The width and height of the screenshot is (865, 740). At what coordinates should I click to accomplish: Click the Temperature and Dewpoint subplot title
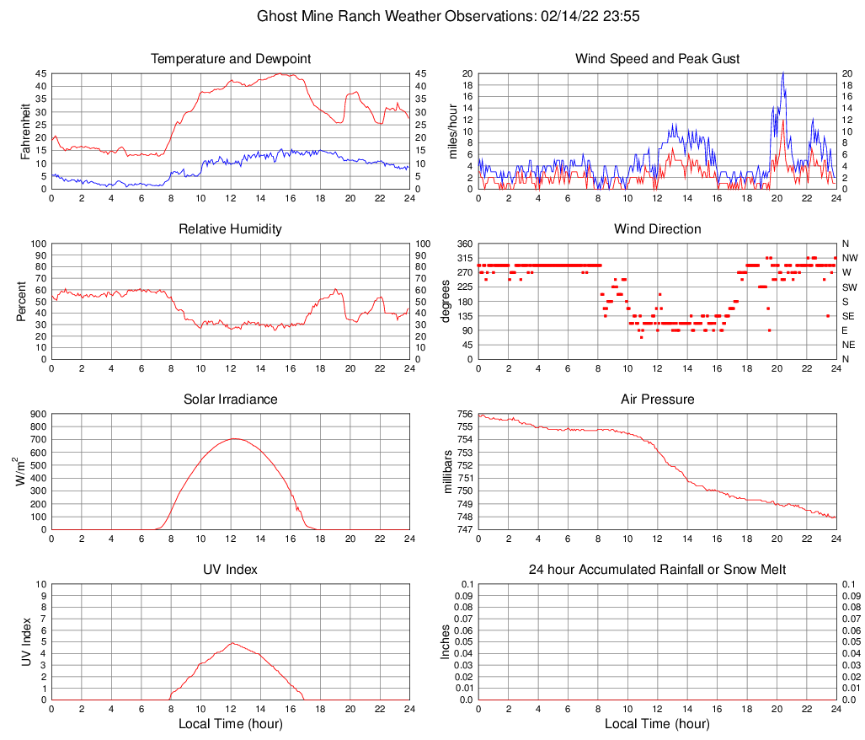point(231,59)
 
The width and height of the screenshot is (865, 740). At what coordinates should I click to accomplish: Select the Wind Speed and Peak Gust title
point(657,59)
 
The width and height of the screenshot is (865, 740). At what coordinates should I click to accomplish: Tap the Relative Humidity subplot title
point(231,229)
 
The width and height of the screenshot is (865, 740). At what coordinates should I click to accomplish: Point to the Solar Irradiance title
point(231,399)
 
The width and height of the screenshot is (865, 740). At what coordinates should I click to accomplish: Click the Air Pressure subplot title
point(657,399)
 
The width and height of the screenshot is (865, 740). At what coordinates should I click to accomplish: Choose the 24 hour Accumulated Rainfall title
point(657,570)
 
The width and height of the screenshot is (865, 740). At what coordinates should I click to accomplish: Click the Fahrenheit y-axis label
point(24,131)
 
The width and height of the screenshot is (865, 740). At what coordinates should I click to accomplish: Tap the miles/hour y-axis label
point(452,131)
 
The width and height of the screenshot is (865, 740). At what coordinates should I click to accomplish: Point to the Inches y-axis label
point(446,642)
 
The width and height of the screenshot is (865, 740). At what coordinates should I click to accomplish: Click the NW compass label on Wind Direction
point(849,258)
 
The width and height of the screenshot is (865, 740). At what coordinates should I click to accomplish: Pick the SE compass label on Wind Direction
point(848,316)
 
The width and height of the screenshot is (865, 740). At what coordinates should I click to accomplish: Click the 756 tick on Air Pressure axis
point(464,414)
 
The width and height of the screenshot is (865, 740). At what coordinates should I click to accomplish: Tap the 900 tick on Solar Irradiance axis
point(35,414)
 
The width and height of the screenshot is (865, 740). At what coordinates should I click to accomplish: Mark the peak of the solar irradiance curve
point(233,438)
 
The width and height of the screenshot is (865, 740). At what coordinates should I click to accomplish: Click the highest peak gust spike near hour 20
point(783,72)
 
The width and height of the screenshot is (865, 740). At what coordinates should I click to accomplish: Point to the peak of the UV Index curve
point(232,643)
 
